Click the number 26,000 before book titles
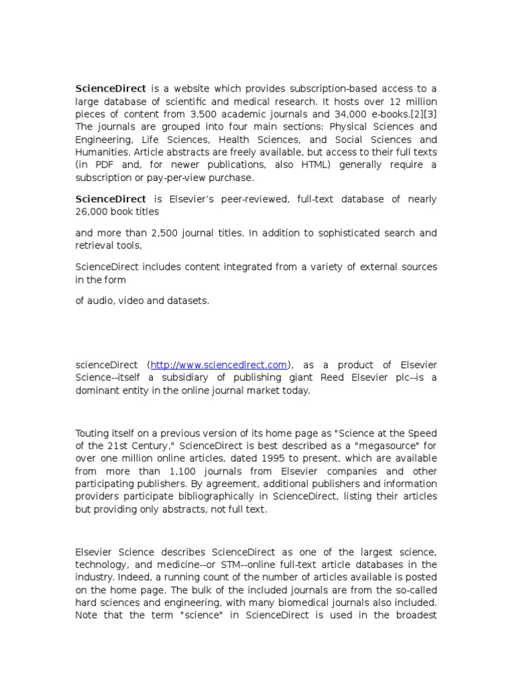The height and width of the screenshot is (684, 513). (x=92, y=212)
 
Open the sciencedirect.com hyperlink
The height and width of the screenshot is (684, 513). (x=219, y=365)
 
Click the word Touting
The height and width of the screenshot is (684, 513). (x=92, y=432)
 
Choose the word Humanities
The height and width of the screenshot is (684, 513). (x=99, y=152)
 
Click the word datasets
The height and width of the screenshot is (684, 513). (x=188, y=301)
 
